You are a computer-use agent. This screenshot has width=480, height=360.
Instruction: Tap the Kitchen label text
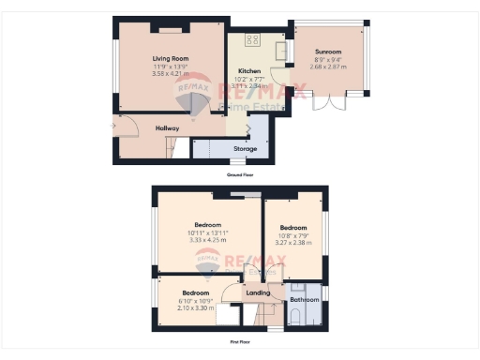248,70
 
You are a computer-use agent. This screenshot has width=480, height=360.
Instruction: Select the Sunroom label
328,52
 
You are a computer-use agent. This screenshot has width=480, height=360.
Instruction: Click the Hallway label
141,127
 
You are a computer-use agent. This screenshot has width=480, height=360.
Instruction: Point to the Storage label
246,148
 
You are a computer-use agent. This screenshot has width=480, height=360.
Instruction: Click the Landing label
258,293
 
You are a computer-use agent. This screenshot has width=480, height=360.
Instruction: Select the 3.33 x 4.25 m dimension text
207,240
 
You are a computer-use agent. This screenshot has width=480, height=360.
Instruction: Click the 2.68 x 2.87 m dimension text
328,67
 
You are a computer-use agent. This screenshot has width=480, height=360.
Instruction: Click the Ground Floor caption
240,174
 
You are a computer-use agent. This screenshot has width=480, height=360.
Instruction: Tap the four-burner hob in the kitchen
251,39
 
